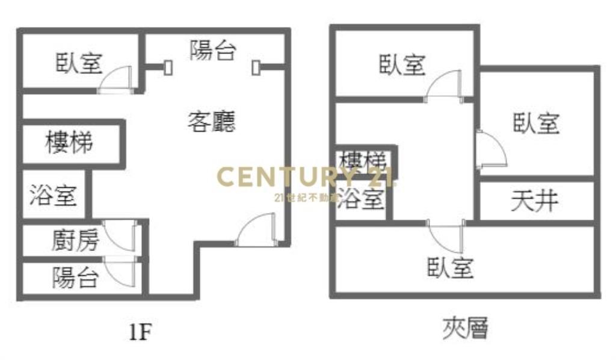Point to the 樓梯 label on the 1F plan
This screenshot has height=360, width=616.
[69, 143]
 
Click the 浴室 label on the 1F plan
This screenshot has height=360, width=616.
[53, 195]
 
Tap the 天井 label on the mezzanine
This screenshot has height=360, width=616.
[534, 201]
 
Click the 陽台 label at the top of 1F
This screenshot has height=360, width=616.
[212, 51]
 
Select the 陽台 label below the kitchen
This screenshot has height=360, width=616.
[75, 278]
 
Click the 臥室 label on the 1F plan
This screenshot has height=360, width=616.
[79, 63]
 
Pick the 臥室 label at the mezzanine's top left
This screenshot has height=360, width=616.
[402, 64]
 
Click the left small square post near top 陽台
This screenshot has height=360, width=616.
[168, 66]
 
